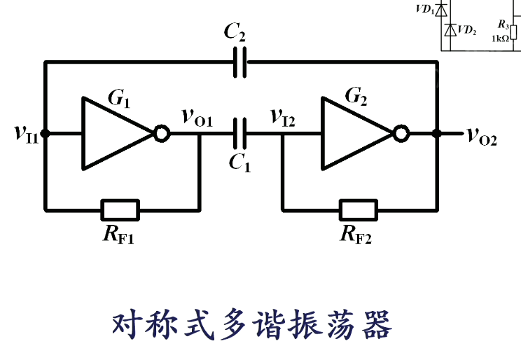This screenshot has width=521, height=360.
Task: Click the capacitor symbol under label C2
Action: pyautogui.click(x=240, y=63)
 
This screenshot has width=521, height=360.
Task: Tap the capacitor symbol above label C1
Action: pyautogui.click(x=240, y=133)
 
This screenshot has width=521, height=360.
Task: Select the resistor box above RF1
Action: pyautogui.click(x=120, y=209)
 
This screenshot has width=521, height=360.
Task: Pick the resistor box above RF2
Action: pyautogui.click(x=358, y=209)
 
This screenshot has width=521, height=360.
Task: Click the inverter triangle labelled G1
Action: pyautogui.click(x=112, y=133)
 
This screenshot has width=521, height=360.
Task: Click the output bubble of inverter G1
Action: pyautogui.click(x=162, y=133)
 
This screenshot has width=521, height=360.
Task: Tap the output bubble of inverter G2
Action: pyautogui.click(x=401, y=133)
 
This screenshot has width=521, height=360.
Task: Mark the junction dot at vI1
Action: pyautogui.click(x=46, y=133)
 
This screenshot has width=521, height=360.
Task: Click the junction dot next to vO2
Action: pyautogui.click(x=437, y=133)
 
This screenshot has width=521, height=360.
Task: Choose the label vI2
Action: pyautogui.click(x=284, y=118)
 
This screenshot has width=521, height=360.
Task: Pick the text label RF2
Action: pyautogui.click(x=356, y=235)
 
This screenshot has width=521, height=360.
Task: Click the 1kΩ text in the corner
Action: pyautogui.click(x=501, y=39)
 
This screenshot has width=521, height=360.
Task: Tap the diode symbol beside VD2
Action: pyautogui.click(x=448, y=29)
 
